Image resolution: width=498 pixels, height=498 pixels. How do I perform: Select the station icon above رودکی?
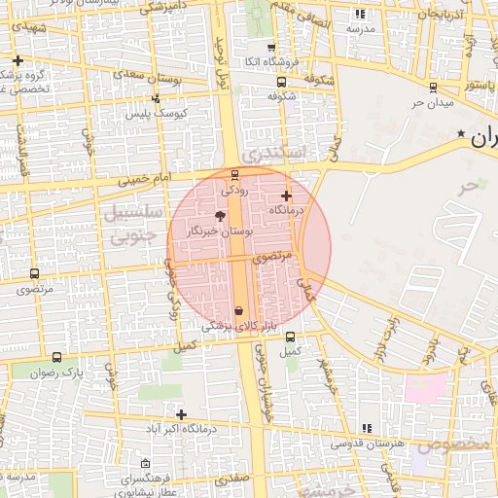point(233,176)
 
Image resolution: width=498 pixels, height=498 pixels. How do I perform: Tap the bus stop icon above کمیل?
point(291,337)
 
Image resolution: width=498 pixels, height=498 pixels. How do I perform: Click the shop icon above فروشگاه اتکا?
point(270,46)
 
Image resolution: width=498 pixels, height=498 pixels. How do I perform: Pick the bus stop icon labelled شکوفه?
point(281,83)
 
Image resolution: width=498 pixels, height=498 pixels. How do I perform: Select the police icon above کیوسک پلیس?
point(156,98)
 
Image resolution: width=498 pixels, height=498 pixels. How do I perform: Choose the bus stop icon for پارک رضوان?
point(57,358)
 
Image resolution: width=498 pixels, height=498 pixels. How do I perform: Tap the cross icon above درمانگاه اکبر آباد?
point(181,414)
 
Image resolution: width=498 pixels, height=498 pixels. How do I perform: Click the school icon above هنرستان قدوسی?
point(367,429)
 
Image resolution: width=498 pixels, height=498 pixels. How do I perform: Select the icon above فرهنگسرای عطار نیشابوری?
point(146,463)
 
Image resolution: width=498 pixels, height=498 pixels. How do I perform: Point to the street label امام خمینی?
point(143,179)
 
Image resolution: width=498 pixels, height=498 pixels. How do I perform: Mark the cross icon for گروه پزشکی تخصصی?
point(18,61)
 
